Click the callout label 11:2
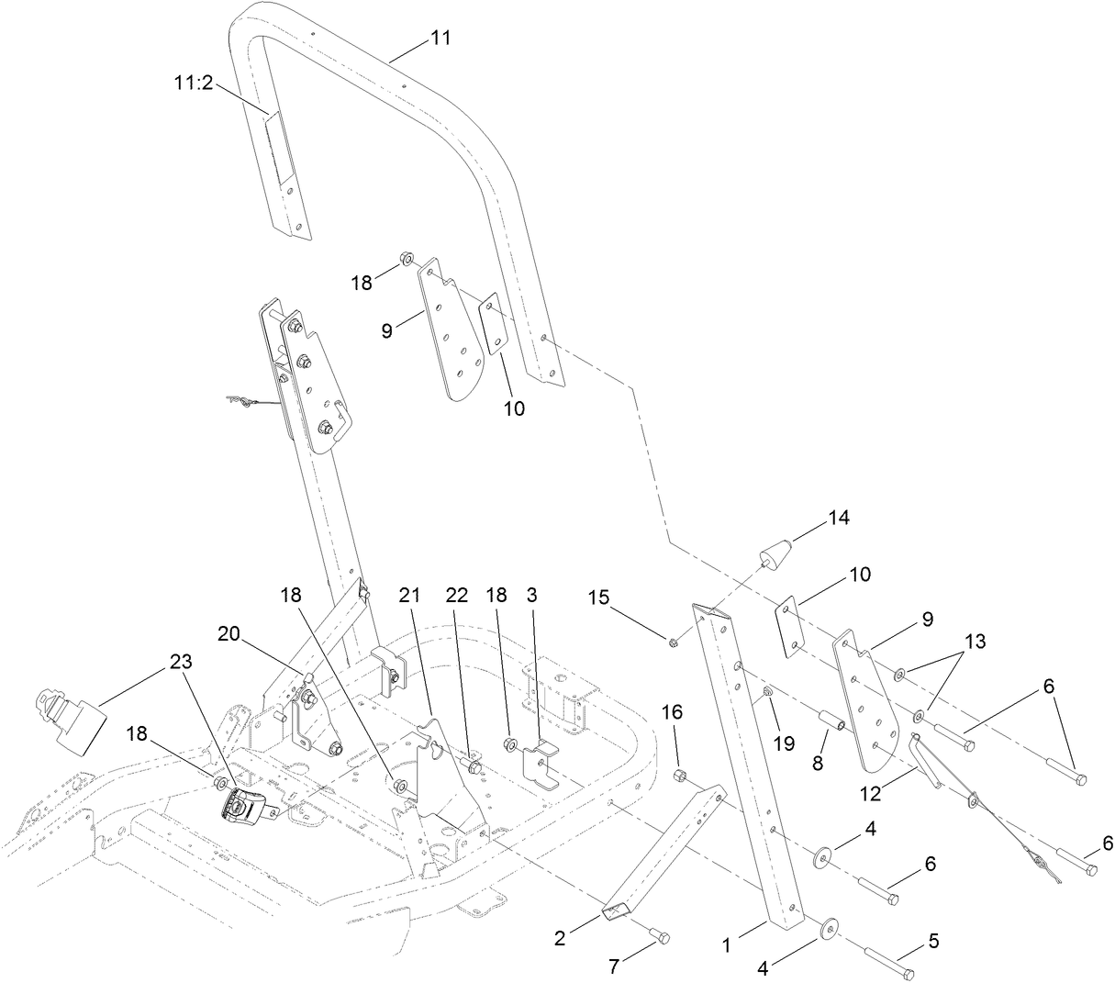[x=194, y=82]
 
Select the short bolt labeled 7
[x=657, y=936]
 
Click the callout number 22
[x=457, y=596]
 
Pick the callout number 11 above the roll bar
[x=440, y=39]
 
